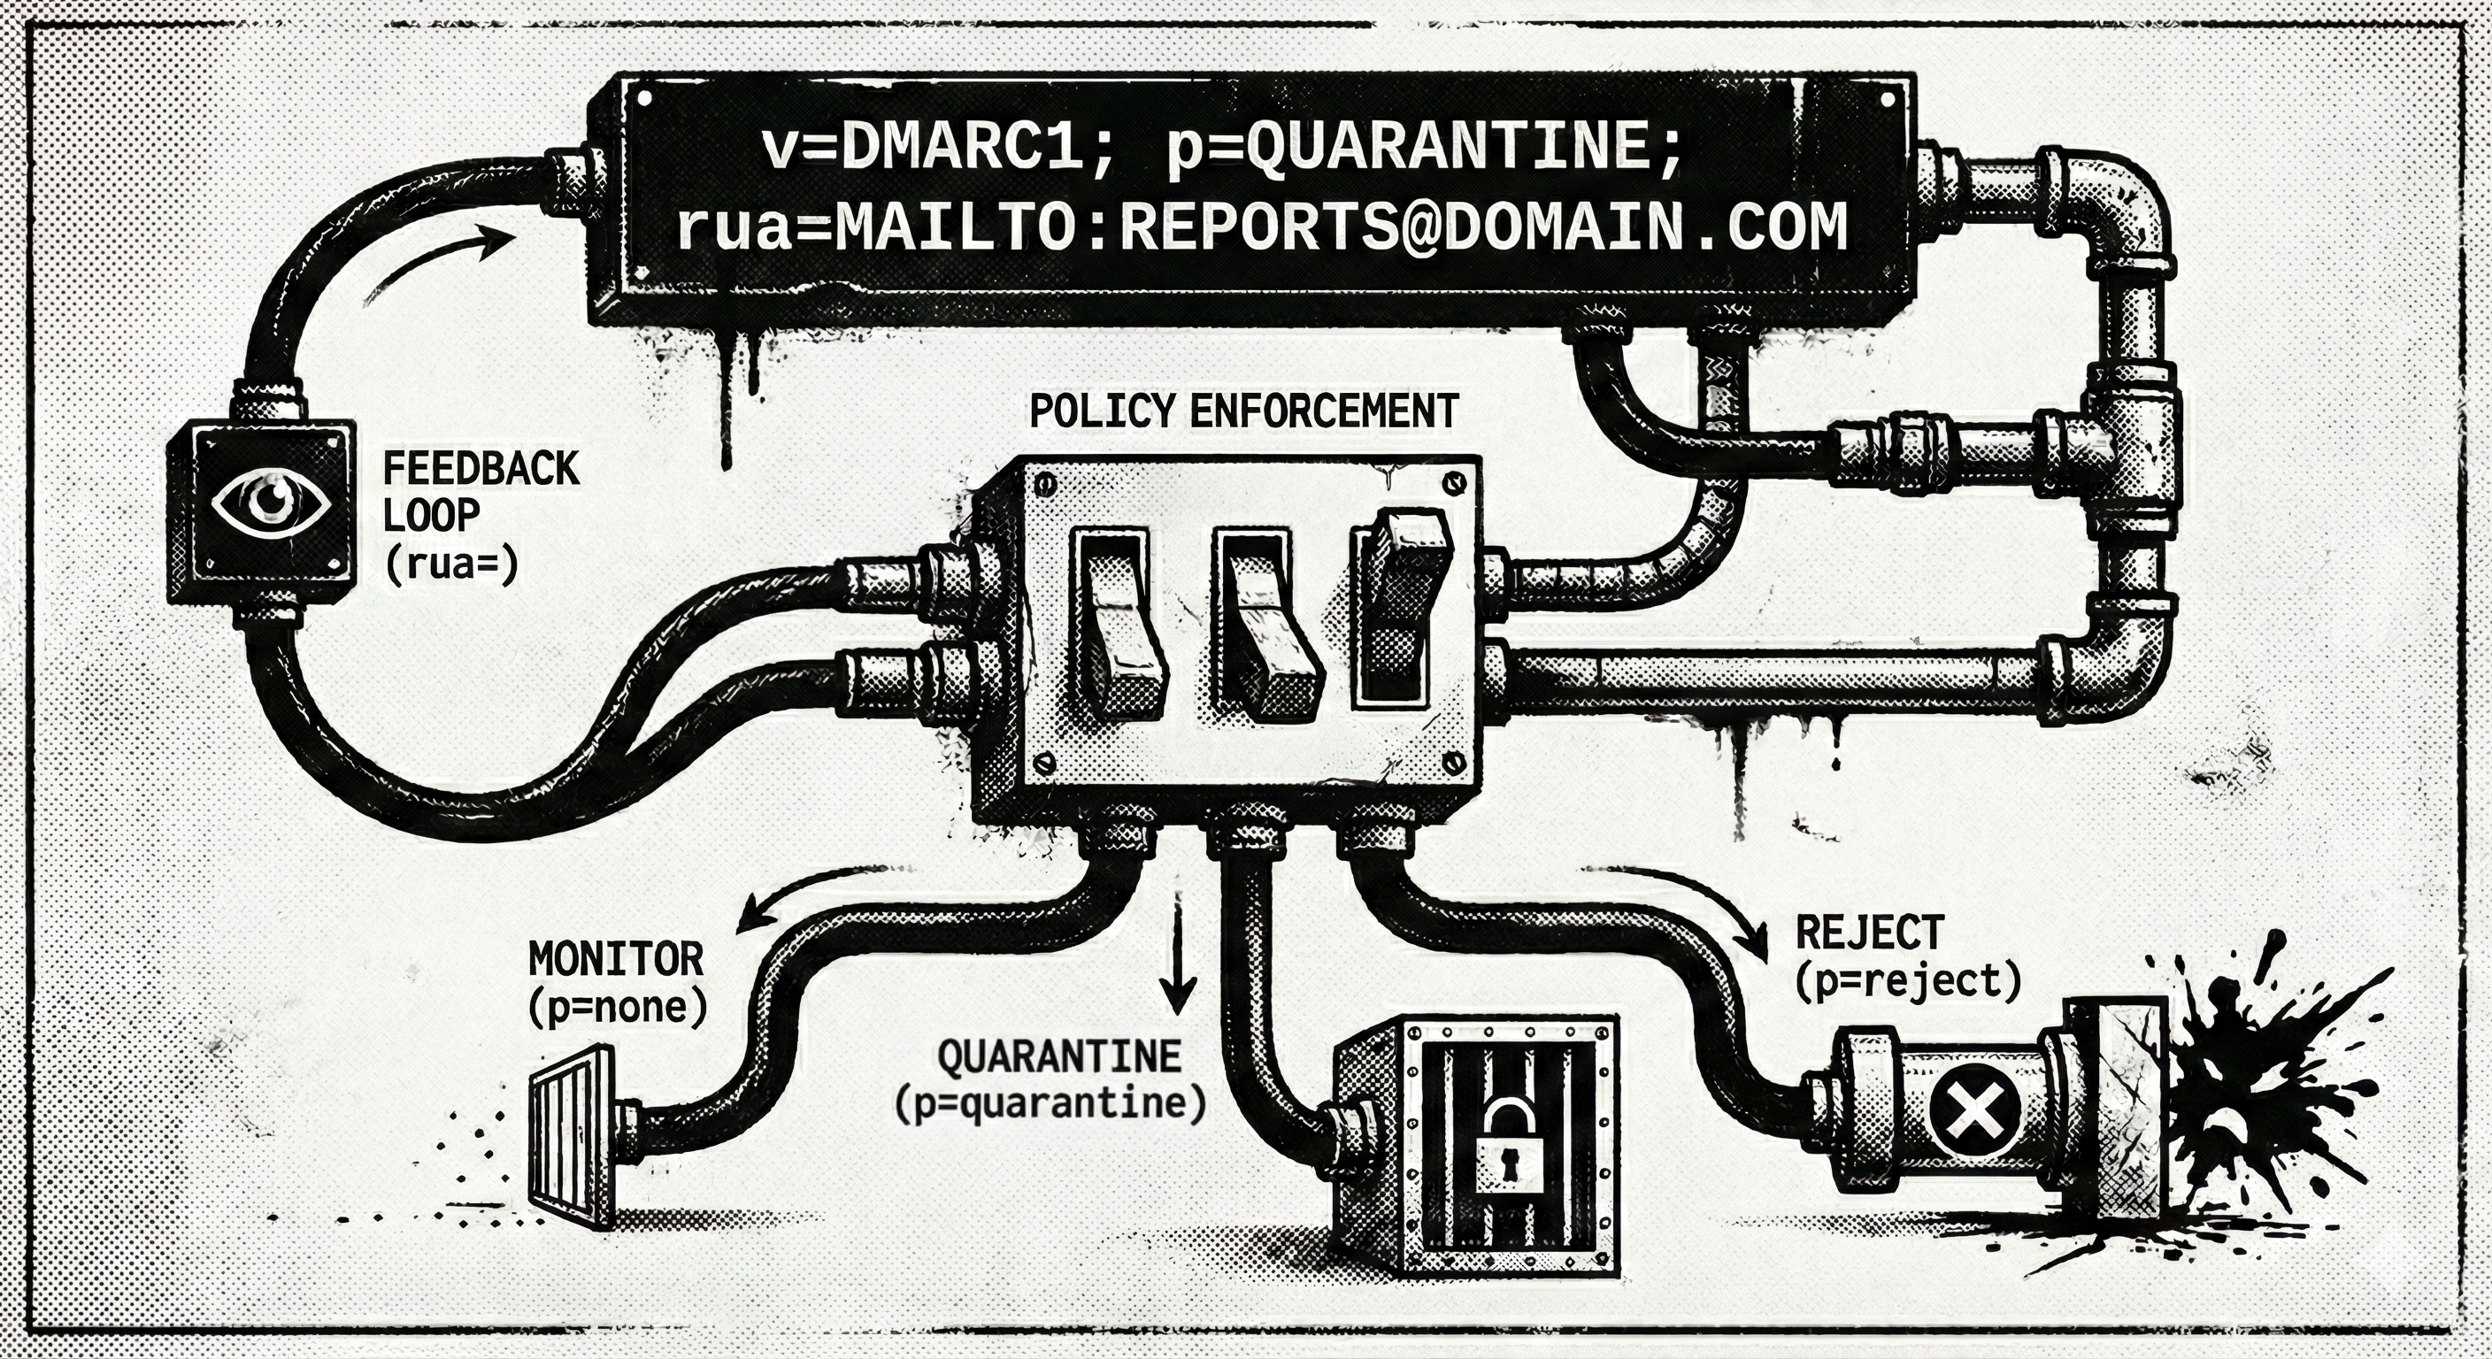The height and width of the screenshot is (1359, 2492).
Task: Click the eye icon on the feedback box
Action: click(x=272, y=502)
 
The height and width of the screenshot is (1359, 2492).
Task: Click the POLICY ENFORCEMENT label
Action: click(x=1243, y=411)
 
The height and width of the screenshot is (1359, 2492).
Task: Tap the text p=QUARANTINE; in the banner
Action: click(x=1423, y=148)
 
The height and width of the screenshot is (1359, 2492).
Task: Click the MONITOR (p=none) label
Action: click(x=617, y=983)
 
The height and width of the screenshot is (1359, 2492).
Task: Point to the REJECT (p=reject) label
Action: click(x=1907, y=957)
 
